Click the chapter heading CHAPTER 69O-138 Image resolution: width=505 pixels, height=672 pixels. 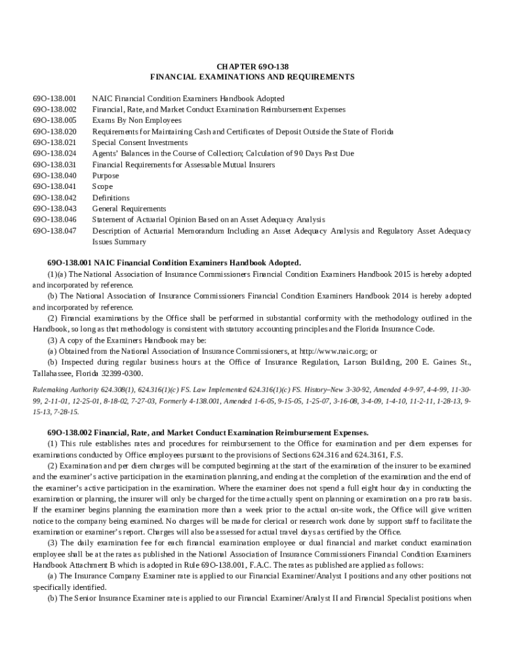tap(253, 66)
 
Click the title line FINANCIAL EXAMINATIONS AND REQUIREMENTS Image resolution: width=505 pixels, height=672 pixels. tap(253, 77)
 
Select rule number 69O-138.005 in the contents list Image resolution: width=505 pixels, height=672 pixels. tap(54, 121)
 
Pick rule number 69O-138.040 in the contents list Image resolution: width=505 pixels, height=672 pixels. tap(54, 176)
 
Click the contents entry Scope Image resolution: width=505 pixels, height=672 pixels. tap(102, 186)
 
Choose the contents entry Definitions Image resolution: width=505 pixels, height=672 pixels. tap(111, 198)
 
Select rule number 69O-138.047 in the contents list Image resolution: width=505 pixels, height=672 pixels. tap(54, 231)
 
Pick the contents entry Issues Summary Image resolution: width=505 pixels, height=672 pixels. tap(119, 241)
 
